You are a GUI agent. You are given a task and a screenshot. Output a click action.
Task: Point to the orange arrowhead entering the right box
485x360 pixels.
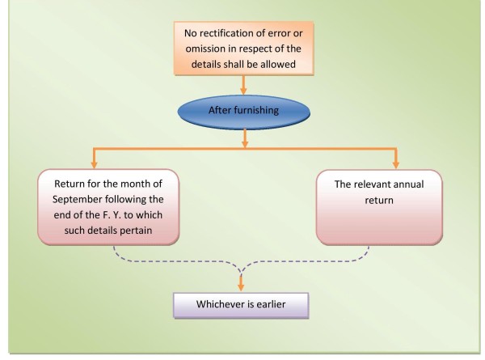(x=395, y=163)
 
